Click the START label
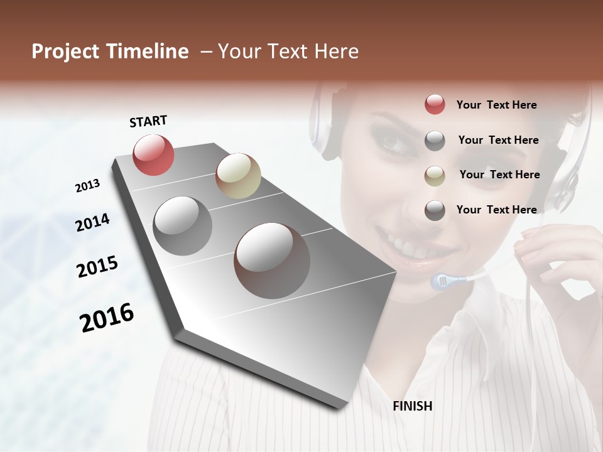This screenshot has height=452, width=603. point(148,121)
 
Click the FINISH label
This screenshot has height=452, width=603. point(413,406)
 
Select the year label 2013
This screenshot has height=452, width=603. point(87,186)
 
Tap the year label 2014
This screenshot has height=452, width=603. point(93,222)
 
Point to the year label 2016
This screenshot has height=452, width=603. point(107,318)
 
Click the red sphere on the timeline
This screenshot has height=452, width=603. point(154,154)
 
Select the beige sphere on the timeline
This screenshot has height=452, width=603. point(238,176)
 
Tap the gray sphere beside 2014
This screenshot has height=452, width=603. point(183,226)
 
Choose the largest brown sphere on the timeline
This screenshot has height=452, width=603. point(272,260)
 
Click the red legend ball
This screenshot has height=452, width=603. point(435,105)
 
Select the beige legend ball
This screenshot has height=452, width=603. point(435,175)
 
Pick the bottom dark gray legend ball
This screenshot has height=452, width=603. point(435,210)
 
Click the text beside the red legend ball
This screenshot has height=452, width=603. point(496,105)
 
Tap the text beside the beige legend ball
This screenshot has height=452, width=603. point(499,175)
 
